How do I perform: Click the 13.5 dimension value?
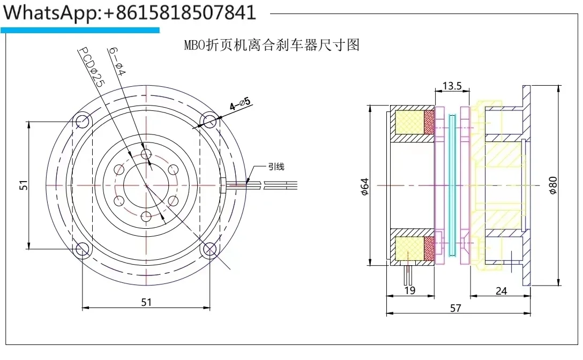452,86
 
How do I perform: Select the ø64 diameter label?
365,185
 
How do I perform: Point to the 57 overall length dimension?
455,308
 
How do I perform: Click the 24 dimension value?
501,291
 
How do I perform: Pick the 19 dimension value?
410,291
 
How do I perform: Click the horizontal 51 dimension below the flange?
146,302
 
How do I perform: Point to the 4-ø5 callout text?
240,103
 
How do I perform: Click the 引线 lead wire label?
276,167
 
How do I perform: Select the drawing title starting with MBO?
271,45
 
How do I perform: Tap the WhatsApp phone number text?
129,12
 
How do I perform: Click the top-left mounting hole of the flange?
82,122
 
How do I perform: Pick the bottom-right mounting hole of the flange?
210,249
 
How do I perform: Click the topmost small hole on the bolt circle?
146,154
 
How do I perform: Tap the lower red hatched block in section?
429,248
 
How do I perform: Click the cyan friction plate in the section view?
453,185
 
